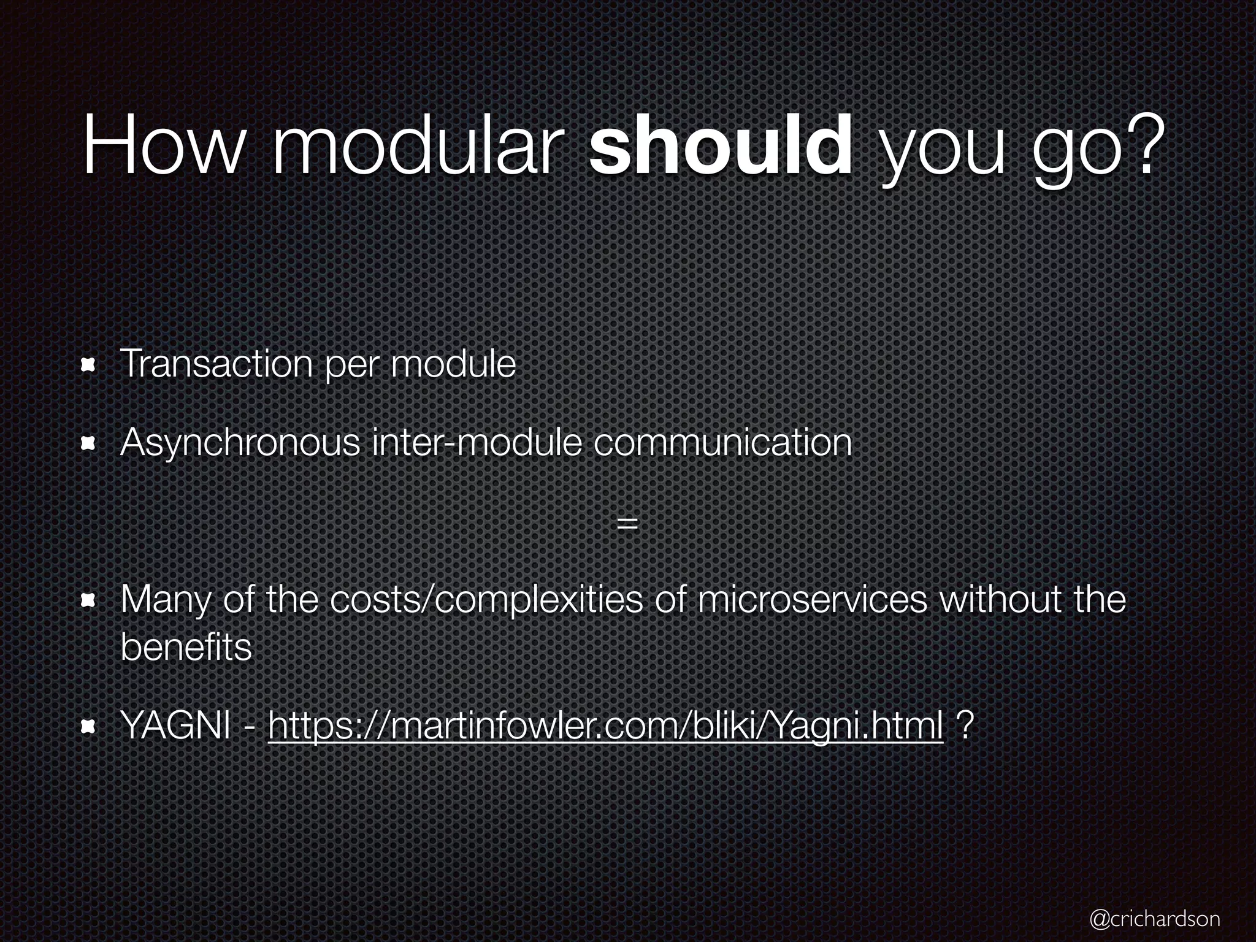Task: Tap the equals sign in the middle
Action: tap(627, 523)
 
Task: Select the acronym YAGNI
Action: tap(175, 727)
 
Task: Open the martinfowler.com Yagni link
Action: tap(605, 727)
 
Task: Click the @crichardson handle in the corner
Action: tap(1154, 918)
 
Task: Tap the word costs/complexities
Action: tap(486, 601)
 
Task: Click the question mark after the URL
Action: tap(964, 727)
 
